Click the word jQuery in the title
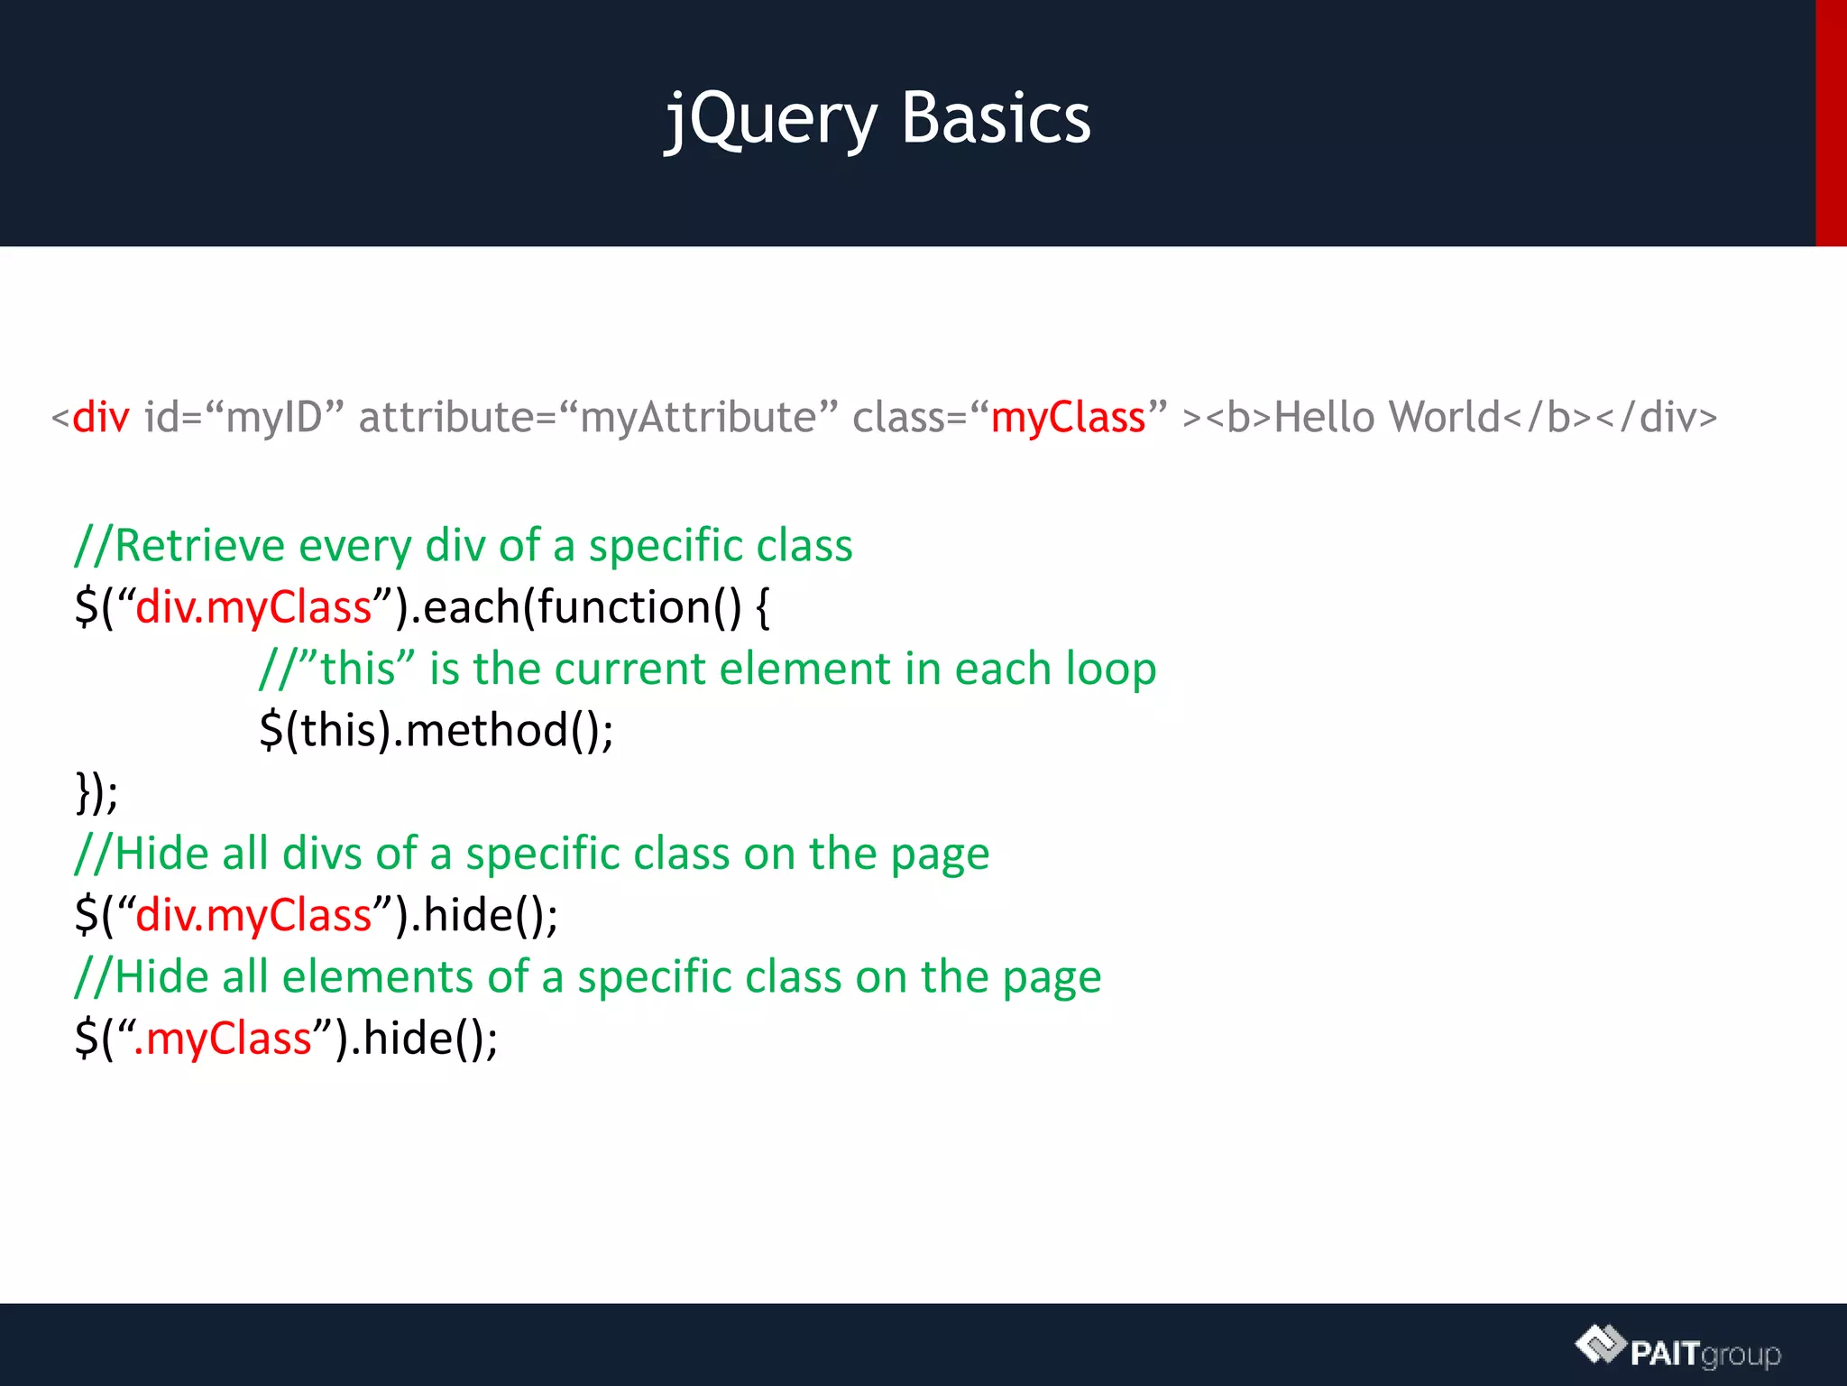771,119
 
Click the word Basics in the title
996,119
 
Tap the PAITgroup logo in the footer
1678,1350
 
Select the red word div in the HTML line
101,418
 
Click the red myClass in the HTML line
1068,418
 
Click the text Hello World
1387,418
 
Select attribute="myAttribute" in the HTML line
598,418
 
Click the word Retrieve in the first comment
199,546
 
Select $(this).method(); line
436,730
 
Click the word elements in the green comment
377,977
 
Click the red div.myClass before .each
253,607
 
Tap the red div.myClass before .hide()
253,915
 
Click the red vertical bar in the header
1831,123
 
